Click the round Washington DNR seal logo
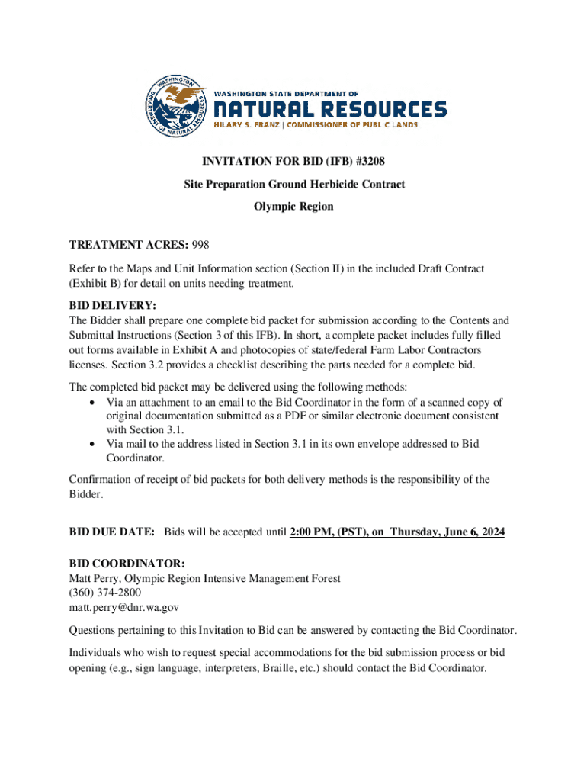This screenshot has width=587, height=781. tap(175, 108)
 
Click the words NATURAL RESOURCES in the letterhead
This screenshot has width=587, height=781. tap(329, 109)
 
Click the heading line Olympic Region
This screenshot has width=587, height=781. tap(293, 207)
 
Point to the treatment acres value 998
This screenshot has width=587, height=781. tap(200, 245)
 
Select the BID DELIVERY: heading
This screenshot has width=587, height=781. tap(113, 306)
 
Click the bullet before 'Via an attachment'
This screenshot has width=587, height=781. tap(92, 402)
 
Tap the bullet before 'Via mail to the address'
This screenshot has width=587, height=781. tap(92, 444)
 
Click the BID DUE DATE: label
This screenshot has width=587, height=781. tap(113, 532)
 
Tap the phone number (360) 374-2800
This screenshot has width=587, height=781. tap(105, 593)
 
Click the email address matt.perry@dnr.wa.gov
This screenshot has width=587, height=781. tap(124, 607)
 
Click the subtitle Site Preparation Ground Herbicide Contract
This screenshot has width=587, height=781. tap(294, 184)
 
